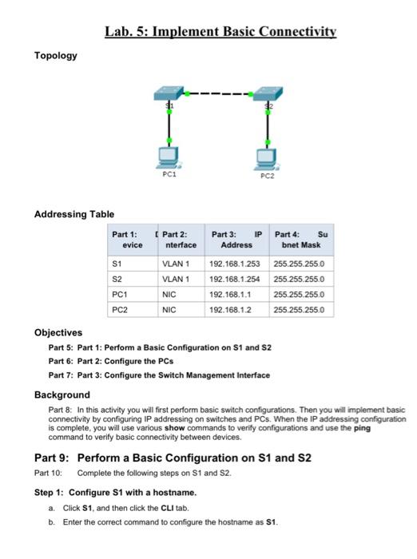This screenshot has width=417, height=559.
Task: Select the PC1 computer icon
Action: (x=169, y=157)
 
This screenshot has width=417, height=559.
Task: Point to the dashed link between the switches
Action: (x=218, y=94)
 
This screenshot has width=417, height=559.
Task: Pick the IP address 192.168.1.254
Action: (x=236, y=279)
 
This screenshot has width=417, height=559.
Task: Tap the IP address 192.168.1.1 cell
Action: (x=229, y=294)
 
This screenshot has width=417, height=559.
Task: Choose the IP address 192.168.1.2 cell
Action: (x=229, y=309)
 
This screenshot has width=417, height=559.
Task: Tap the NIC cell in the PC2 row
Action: (x=169, y=309)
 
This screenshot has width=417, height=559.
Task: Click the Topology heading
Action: (x=55, y=55)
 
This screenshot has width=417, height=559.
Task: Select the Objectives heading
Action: (x=58, y=332)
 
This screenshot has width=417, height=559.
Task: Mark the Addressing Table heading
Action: (x=74, y=214)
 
